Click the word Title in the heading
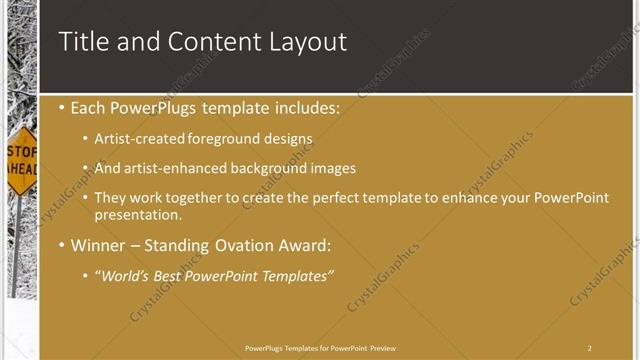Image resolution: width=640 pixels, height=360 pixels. click(x=83, y=41)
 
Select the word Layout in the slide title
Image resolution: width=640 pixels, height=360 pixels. click(x=309, y=42)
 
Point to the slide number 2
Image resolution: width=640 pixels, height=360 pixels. click(x=590, y=348)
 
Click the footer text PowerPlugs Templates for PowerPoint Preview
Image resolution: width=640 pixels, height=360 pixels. click(x=319, y=348)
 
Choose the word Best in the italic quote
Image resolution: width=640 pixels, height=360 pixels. click(x=180, y=275)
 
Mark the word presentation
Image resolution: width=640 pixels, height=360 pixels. click(x=138, y=214)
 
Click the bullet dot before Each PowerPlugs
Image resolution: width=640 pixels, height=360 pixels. click(x=62, y=107)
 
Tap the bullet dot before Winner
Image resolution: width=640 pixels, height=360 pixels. click(x=62, y=245)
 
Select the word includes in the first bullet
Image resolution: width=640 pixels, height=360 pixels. click(x=304, y=107)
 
